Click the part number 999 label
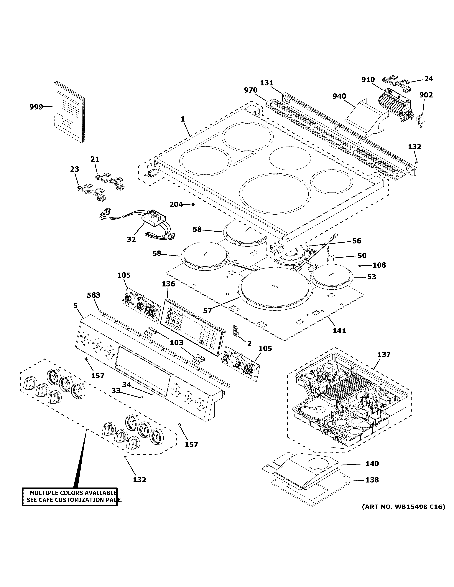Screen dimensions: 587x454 point(36,107)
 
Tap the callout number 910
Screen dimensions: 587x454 point(368,80)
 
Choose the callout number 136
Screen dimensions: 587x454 point(168,284)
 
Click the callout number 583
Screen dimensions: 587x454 point(94,295)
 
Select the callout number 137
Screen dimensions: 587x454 point(384,354)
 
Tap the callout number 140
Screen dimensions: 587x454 point(372,464)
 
